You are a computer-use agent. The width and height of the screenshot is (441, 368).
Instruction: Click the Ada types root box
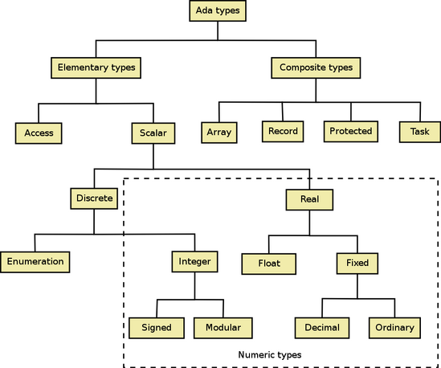(218, 10)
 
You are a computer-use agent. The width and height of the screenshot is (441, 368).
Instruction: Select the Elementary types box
(96, 67)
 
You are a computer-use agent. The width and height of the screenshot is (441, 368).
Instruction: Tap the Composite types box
(316, 67)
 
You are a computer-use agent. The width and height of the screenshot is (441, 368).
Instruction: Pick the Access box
(39, 133)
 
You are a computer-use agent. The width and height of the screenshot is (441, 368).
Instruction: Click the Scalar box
(153, 133)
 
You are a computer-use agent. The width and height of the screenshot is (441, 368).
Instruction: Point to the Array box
(219, 133)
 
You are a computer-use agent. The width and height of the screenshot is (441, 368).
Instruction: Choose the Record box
(283, 132)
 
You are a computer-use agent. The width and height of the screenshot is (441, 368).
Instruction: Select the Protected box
(351, 132)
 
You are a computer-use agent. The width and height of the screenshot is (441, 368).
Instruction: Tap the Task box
(420, 132)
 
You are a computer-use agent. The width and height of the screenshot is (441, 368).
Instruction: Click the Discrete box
(94, 198)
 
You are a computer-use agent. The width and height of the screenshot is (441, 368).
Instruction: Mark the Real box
(309, 200)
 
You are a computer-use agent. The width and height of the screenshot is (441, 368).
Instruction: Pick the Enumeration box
(35, 262)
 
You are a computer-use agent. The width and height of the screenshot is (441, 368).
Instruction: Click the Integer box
(194, 262)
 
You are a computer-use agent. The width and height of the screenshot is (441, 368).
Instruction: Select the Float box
(268, 264)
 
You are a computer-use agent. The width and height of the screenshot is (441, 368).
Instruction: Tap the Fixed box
(357, 264)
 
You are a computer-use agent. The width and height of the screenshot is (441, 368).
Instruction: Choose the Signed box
(157, 328)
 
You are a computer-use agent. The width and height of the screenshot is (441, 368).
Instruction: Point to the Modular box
(223, 328)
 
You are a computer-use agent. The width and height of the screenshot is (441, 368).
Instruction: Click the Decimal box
(322, 328)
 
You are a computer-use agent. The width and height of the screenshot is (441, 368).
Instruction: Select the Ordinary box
(394, 328)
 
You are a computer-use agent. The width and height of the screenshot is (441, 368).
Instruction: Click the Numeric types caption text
(270, 355)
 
